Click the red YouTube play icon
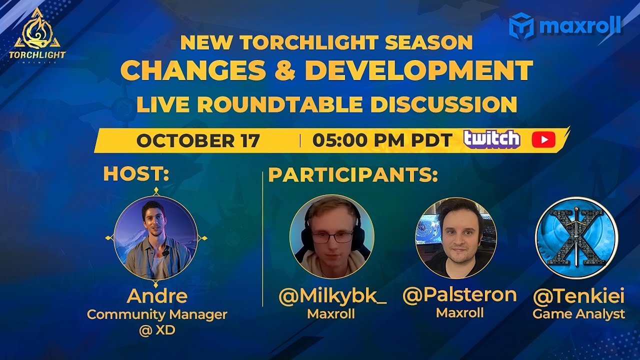pyautogui.click(x=543, y=140)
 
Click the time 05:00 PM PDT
pyautogui.click(x=382, y=140)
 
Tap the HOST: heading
pyautogui.click(x=136, y=174)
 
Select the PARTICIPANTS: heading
pyautogui.click(x=353, y=175)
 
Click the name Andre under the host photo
pyautogui.click(x=157, y=296)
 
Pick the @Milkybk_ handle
pyautogui.click(x=332, y=296)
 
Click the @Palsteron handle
pyautogui.click(x=459, y=294)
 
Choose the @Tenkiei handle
pyautogui.click(x=578, y=296)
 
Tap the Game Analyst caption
pyautogui.click(x=578, y=314)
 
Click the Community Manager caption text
pyautogui.click(x=157, y=314)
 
